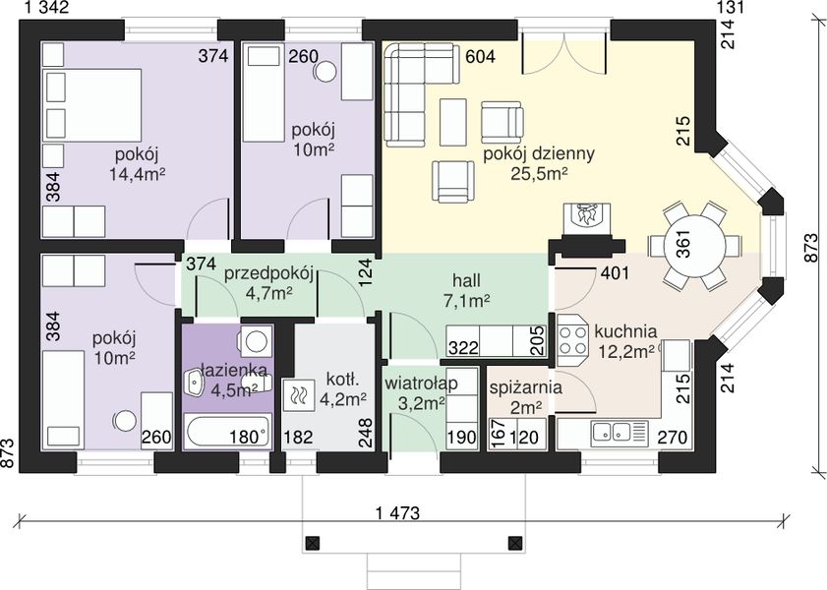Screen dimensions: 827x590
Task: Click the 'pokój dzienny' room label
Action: [539, 154]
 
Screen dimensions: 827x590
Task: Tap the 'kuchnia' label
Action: [625, 331]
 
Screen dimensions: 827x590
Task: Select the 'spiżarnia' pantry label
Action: [525, 388]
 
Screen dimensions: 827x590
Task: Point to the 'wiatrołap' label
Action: [420, 383]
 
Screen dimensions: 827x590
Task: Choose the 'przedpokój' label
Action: [269, 274]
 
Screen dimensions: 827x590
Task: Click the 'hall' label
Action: [467, 280]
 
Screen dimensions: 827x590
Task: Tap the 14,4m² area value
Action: [137, 173]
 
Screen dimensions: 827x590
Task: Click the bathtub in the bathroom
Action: [227, 431]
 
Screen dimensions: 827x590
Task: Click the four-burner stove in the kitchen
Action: [572, 340]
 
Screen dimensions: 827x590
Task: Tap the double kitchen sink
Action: [612, 432]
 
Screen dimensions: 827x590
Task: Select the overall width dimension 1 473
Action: [398, 512]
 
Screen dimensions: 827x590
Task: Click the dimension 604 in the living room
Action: [480, 56]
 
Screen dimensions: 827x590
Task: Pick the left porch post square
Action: [313, 543]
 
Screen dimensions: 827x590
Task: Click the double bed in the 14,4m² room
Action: [92, 105]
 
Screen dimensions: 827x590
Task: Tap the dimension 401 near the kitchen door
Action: [615, 273]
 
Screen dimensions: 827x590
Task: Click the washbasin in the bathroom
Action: [194, 382]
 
